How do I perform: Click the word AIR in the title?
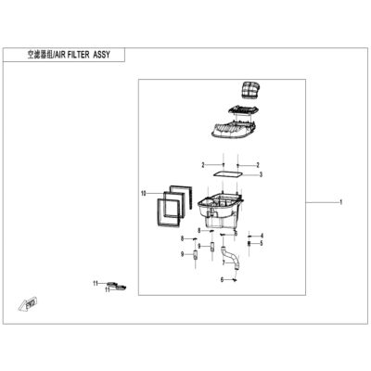point(61,55)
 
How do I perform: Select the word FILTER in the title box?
point(79,55)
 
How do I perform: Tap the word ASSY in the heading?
point(101,55)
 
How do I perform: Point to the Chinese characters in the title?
point(40,55)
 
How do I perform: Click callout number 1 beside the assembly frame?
point(340,202)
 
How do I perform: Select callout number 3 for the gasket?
point(261,175)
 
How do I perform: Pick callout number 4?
point(262,236)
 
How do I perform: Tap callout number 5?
point(262,243)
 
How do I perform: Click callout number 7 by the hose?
point(224,262)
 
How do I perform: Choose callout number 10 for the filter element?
point(143,194)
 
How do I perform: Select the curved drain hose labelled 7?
point(230,257)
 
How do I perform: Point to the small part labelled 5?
point(249,244)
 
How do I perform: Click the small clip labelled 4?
point(249,237)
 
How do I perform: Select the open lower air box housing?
point(220,211)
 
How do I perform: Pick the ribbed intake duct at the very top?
point(249,90)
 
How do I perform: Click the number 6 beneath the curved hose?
point(222,280)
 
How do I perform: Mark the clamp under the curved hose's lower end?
point(235,280)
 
